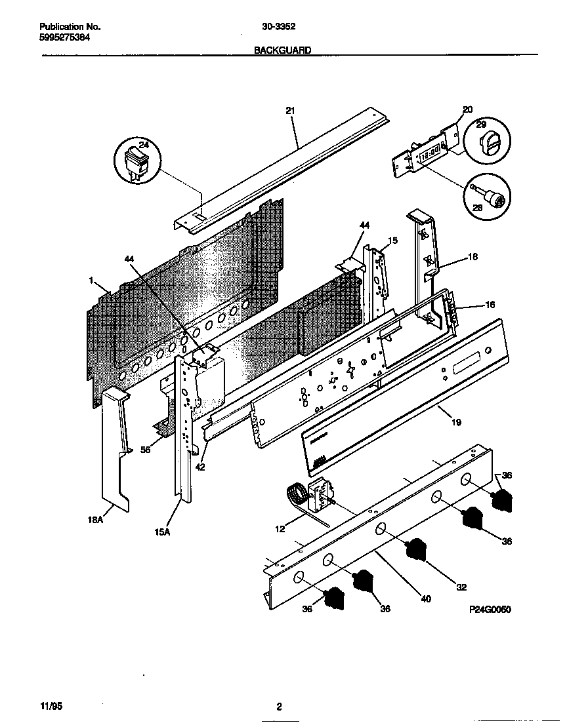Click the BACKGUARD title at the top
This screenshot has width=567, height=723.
282,50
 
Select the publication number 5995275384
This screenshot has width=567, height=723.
65,37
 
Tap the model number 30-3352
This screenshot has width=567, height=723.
278,28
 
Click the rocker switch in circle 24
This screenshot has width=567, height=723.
136,159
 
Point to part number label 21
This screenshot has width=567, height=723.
290,111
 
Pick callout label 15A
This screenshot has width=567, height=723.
163,532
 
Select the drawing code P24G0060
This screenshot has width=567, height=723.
490,610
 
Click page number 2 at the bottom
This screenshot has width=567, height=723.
279,707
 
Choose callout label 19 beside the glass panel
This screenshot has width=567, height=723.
456,422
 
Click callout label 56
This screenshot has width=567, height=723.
146,450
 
